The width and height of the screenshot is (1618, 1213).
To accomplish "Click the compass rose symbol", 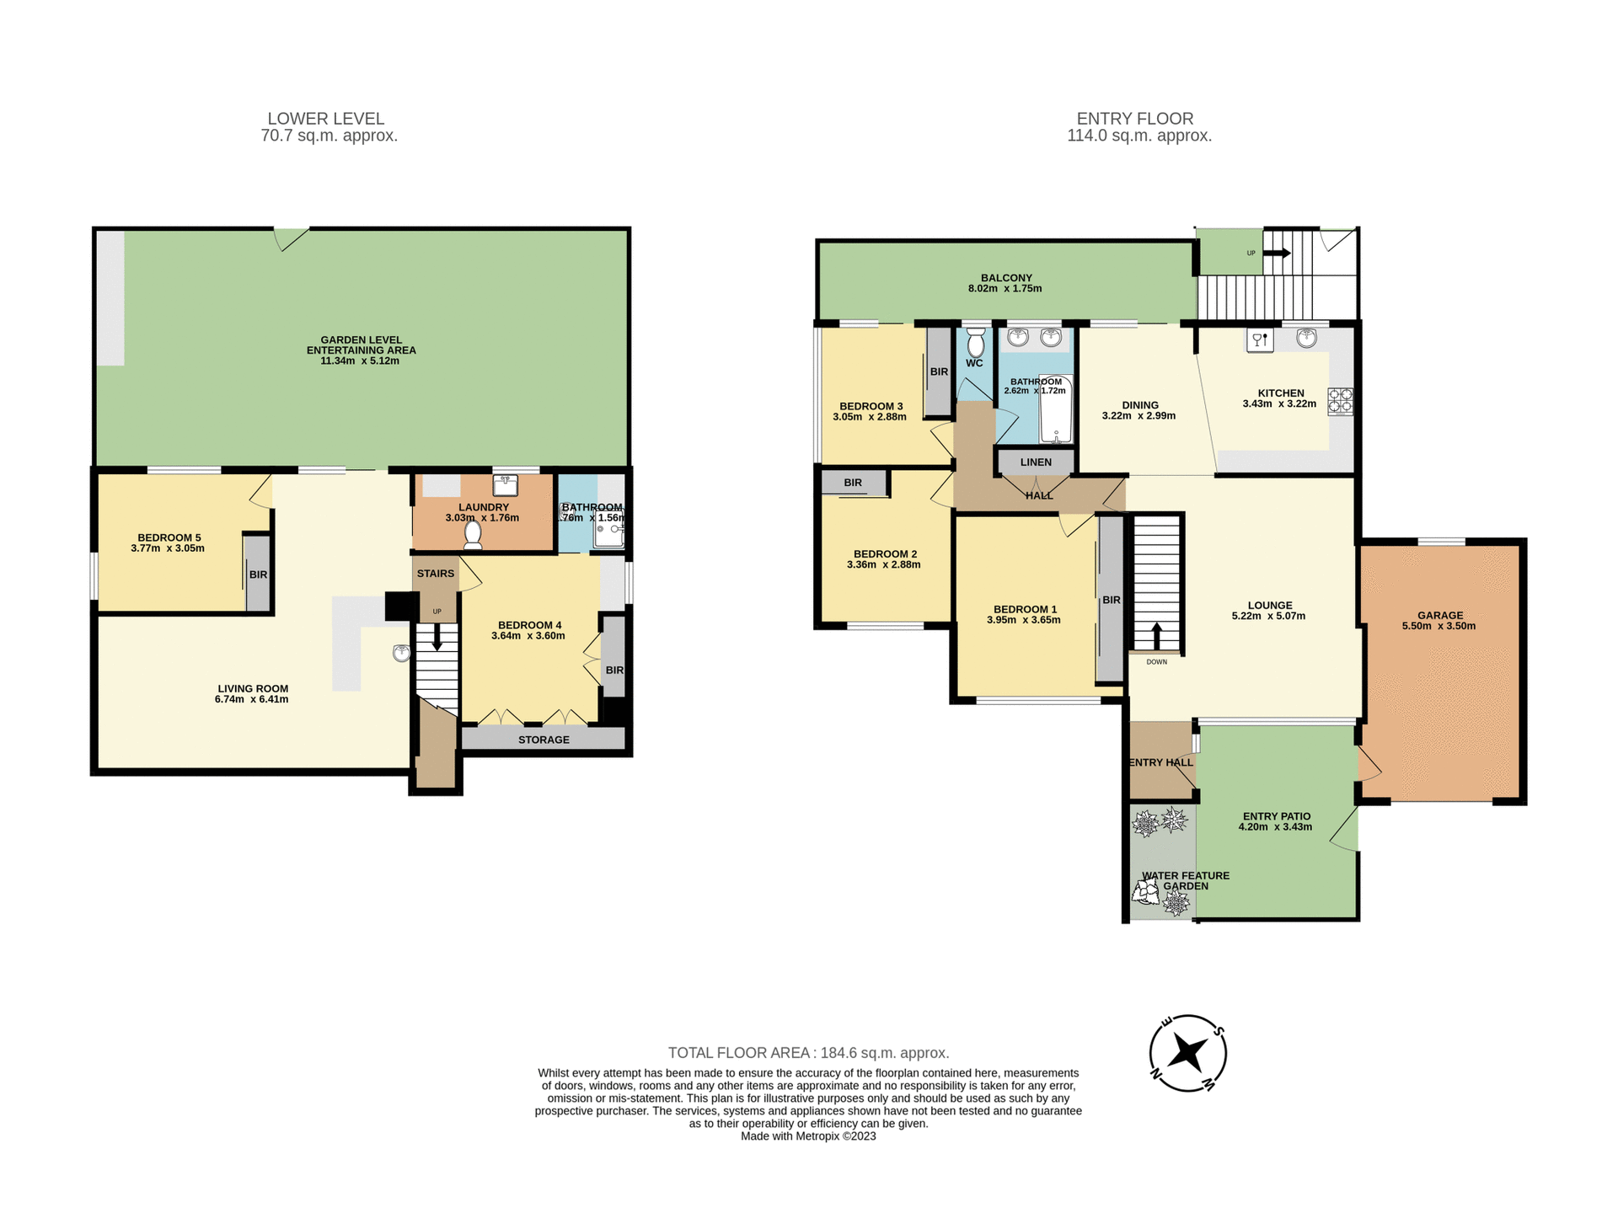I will pos(1187,1053).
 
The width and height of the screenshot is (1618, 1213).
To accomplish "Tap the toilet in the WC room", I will pos(976,343).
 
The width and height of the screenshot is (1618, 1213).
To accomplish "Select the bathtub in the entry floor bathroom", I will pos(1056,409).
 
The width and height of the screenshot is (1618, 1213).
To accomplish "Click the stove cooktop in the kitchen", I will pos(1341,401).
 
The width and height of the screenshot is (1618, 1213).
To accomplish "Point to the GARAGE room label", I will pos(1439,615).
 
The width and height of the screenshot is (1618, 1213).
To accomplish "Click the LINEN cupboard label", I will pos(1036,462).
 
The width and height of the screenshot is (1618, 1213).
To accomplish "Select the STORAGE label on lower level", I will pos(544,740).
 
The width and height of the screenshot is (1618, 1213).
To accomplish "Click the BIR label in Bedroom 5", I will pos(258,574).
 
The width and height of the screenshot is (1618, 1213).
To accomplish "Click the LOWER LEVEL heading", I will pos(326,119).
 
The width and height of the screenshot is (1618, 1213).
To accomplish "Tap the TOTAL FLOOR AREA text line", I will pos(808,1052).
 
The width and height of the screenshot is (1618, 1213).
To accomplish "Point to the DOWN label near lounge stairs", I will pos(1157,662).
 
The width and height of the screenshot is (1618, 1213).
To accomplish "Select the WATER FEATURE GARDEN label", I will pos(1186,880).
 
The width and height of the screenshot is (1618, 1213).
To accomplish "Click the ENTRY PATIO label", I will pos(1277,815).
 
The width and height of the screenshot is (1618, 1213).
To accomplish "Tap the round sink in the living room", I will pos(401,653).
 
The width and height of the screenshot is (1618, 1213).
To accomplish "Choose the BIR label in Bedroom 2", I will pos(853,483).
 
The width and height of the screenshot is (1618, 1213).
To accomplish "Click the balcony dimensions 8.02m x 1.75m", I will pos(1005,288).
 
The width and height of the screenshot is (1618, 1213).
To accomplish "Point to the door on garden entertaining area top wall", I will pos(291,238).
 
